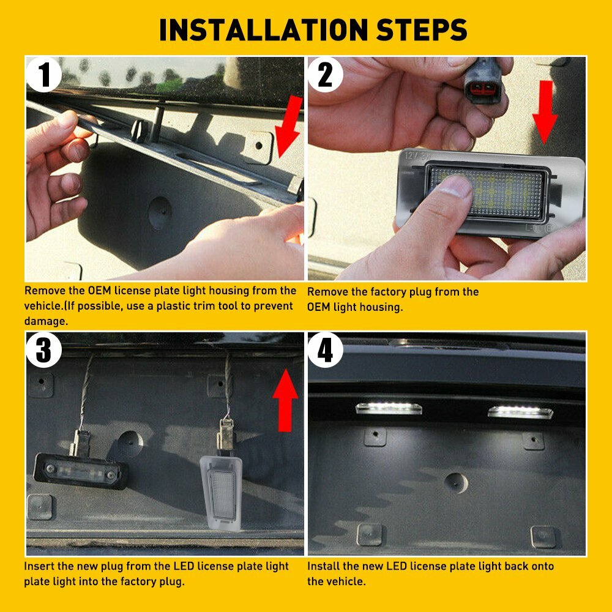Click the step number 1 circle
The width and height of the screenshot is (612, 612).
pyautogui.click(x=44, y=75)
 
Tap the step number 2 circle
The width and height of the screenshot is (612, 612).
pyautogui.click(x=325, y=75)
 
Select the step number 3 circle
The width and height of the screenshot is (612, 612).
pyautogui.click(x=44, y=350)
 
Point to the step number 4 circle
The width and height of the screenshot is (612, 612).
pyautogui.click(x=325, y=350)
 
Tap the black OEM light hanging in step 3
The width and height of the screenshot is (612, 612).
pyautogui.click(x=80, y=469)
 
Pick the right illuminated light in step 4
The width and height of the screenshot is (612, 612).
pyautogui.click(x=520, y=411)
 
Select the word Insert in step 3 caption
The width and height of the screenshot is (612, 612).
pyautogui.click(x=39, y=566)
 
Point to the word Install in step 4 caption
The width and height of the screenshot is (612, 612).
pyautogui.click(x=324, y=566)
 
